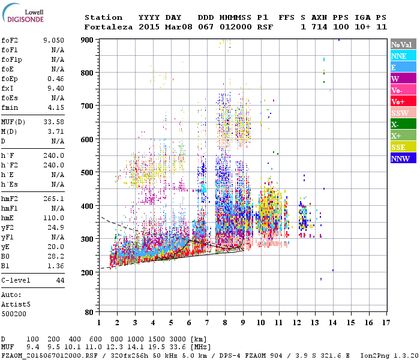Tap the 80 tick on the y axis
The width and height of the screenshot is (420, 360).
89,312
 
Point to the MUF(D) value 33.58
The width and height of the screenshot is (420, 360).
54,122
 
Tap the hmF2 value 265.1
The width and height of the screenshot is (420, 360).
54,198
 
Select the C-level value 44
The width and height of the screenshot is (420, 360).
59,280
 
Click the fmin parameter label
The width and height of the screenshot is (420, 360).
10,107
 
